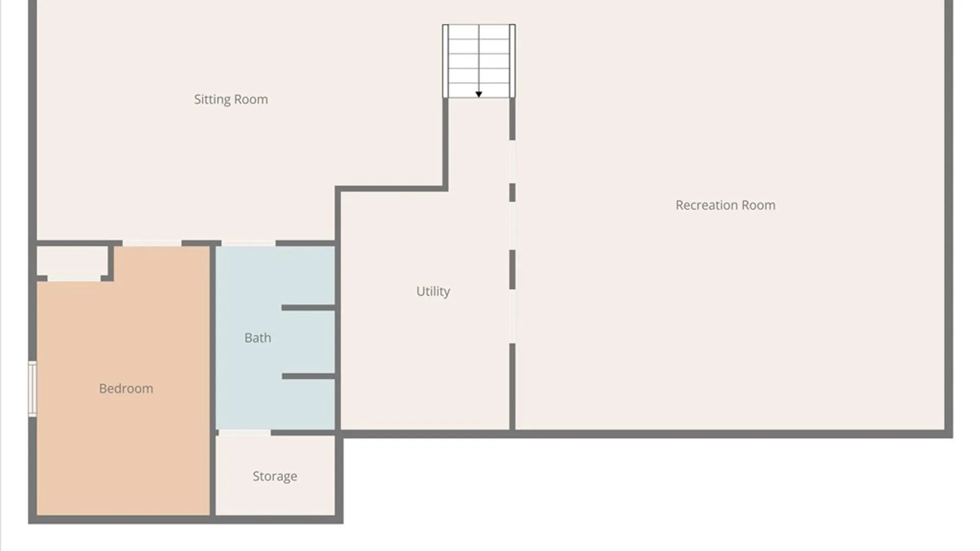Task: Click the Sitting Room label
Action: coord(231,99)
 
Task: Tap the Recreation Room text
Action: coord(725,205)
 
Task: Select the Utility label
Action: coord(433,291)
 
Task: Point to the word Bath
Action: coord(258,338)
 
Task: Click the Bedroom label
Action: coord(126,389)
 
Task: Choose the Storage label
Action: coord(275,476)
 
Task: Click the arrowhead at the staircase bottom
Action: coord(479,94)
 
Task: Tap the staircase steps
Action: coord(479,61)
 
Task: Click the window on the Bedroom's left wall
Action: coord(32,389)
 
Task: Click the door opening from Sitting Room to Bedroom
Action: coord(152,243)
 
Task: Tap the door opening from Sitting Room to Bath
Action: coord(249,243)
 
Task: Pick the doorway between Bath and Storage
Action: coord(244,433)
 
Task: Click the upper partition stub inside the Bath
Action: coord(308,308)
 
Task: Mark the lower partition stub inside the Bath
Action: coord(308,376)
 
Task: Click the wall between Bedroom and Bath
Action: coord(213,380)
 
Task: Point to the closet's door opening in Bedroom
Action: coord(74,278)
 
